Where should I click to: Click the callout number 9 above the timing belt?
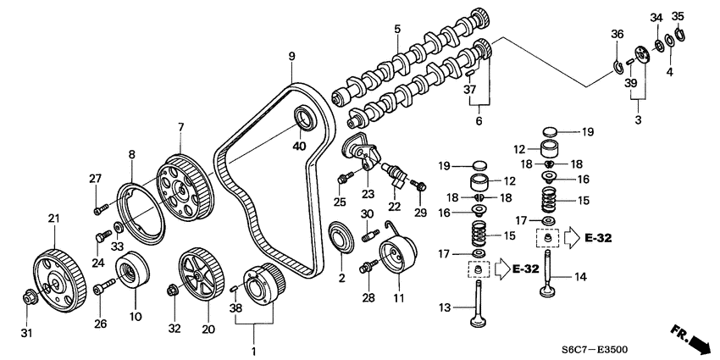(x=291, y=57)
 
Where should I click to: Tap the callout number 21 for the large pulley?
(x=54, y=219)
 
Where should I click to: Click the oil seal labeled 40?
(x=303, y=118)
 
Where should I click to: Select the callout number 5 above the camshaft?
(x=396, y=30)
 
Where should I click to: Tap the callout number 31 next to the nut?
(x=26, y=332)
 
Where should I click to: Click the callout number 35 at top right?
(x=678, y=16)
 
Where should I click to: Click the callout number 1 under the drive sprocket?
(x=252, y=350)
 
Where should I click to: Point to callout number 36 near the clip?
(x=616, y=34)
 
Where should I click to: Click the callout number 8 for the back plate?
(x=132, y=154)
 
